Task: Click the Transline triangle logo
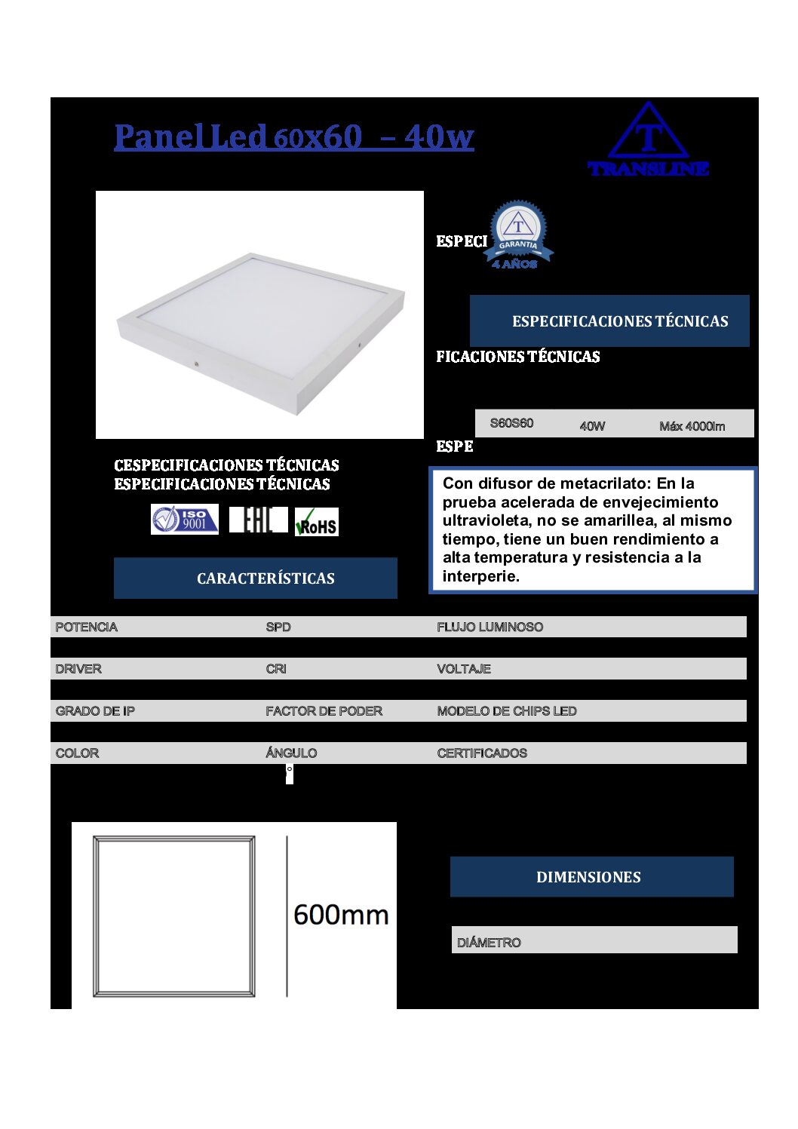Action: (648, 140)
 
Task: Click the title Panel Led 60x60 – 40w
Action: (293, 137)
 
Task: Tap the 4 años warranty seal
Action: (518, 235)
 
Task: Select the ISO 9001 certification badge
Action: (185, 520)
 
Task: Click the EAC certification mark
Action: (258, 520)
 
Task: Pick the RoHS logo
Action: (317, 522)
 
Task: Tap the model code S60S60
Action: (511, 423)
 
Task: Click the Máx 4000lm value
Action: (692, 426)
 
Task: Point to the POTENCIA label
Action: (87, 627)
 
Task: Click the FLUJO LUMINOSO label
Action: (490, 627)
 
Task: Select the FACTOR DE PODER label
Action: (324, 711)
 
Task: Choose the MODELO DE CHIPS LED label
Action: (507, 711)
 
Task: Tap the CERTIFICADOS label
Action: (482, 753)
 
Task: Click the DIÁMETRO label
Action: (489, 943)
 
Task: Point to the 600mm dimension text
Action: (341, 915)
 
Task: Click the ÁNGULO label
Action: (291, 753)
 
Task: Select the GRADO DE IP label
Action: (95, 711)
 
